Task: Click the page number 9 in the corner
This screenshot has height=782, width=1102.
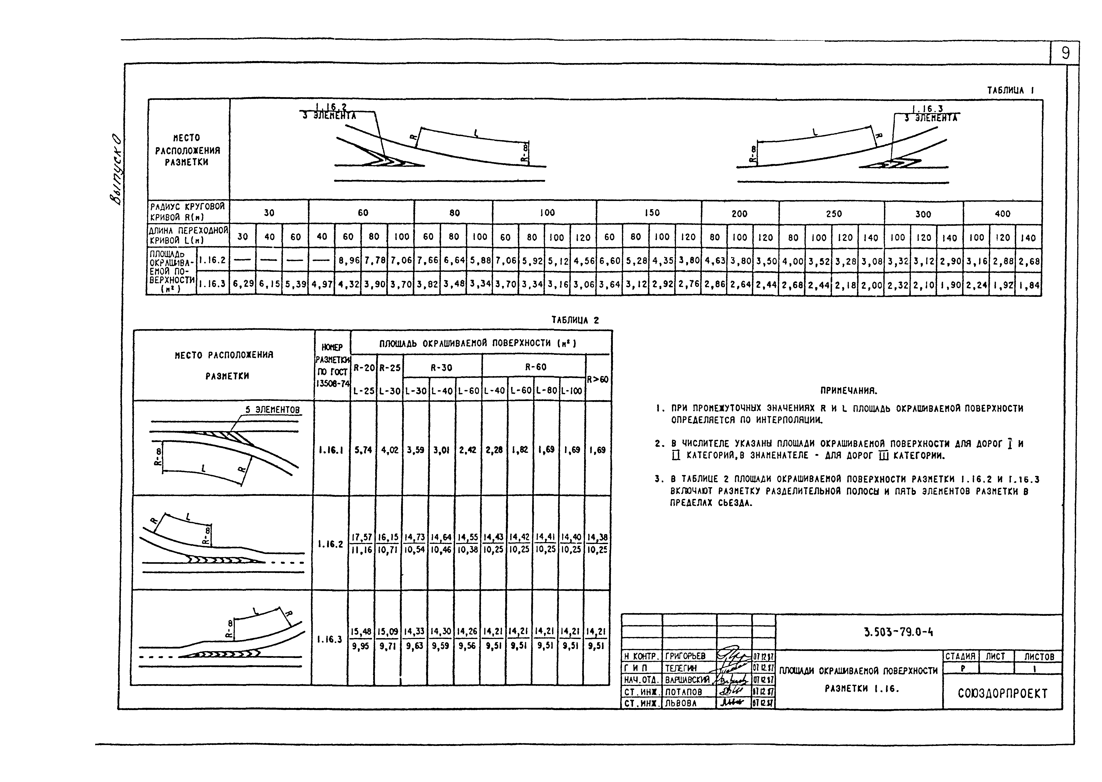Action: tap(1065, 53)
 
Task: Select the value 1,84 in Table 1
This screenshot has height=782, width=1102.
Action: tap(1028, 285)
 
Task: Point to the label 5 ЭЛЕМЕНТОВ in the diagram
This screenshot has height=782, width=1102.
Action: tap(272, 410)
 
